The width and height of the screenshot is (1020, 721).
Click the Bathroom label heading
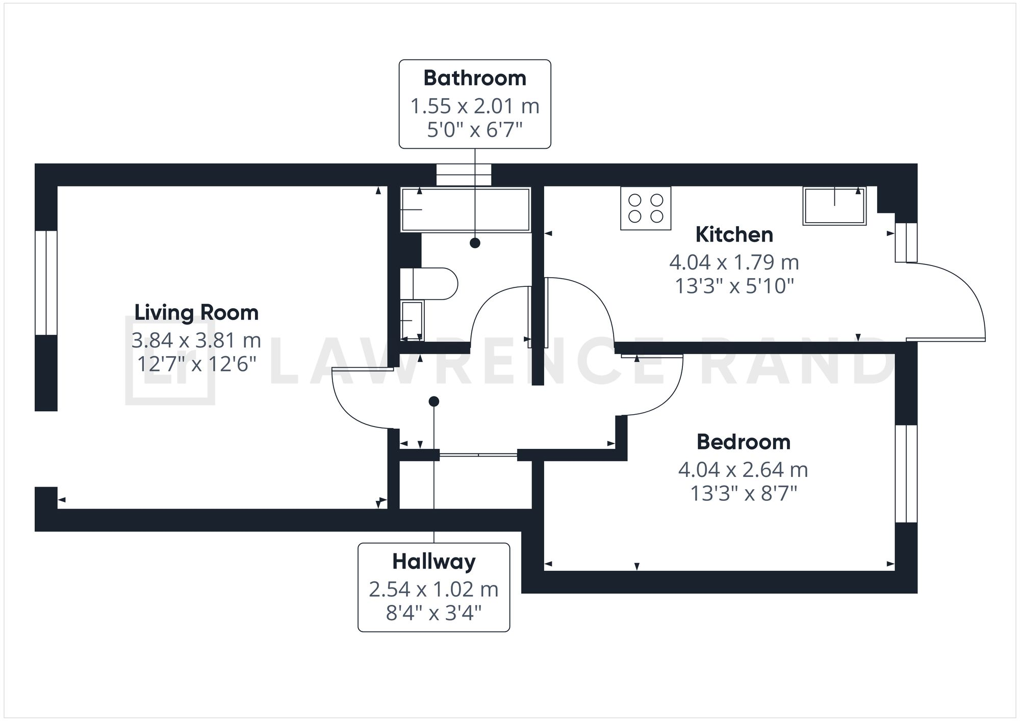click(x=474, y=78)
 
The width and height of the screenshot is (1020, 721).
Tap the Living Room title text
click(x=196, y=312)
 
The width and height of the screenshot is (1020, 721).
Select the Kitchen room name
click(x=734, y=234)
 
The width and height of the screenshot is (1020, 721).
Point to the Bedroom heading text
click(x=743, y=442)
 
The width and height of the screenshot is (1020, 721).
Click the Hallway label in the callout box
click(x=433, y=562)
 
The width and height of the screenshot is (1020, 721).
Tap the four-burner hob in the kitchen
click(x=645, y=208)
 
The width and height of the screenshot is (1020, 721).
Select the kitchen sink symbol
click(x=834, y=206)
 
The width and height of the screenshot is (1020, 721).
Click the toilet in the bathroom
click(x=428, y=283)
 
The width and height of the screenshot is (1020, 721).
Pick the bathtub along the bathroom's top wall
click(x=466, y=209)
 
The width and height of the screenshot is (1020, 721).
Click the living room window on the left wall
click(x=46, y=283)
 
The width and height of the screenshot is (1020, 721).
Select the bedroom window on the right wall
click(x=906, y=474)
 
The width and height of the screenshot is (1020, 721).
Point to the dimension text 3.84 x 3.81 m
click(x=196, y=340)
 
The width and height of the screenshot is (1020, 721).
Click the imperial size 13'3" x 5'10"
click(x=734, y=286)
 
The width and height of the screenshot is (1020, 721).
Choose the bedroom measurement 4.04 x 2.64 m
click(x=743, y=469)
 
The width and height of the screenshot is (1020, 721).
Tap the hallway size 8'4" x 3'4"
click(x=433, y=613)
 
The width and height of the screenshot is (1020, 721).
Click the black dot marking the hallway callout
click(x=433, y=402)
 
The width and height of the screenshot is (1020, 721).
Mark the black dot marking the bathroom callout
click(x=475, y=243)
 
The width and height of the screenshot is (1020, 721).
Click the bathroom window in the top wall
click(x=464, y=175)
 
